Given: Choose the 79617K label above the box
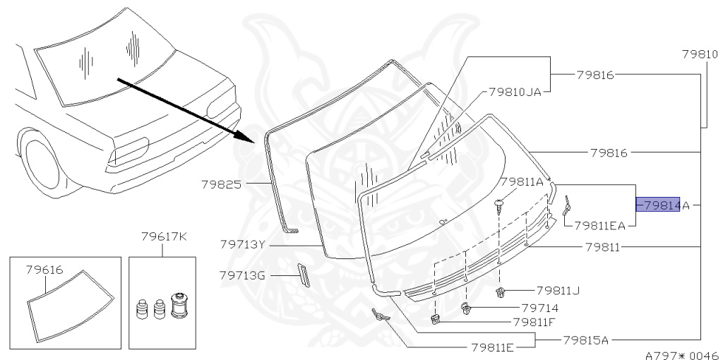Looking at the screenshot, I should tap(163, 236).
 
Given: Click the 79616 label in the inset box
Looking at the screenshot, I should tap(45, 269).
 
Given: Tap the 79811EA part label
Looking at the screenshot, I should tap(599, 226).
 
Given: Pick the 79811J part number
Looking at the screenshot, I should tap(558, 290).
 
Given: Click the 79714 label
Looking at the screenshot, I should tap(539, 308).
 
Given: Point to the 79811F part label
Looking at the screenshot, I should tap(544, 323).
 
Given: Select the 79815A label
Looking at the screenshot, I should tap(585, 340).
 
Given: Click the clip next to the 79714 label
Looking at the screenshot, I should tap(467, 307).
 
